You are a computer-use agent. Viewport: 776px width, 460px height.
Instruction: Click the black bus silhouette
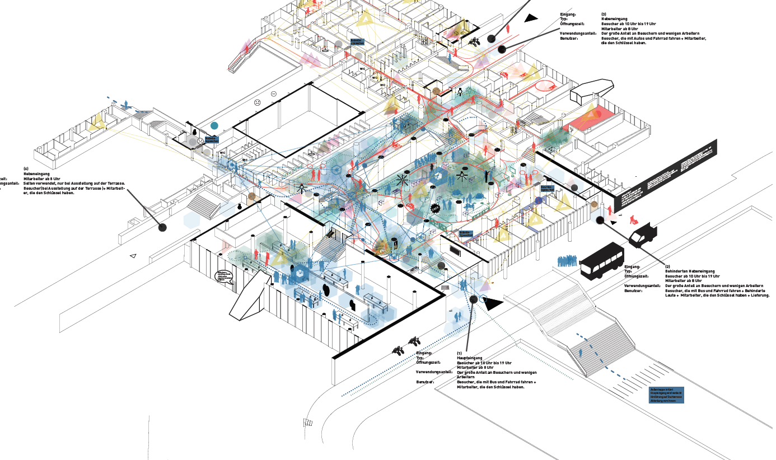pos(602,261)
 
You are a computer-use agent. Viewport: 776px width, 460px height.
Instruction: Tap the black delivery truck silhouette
pos(642,234)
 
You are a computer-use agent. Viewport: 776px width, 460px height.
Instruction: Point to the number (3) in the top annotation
pos(604,14)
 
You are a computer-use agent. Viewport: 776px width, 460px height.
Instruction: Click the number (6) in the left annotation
pos(26,169)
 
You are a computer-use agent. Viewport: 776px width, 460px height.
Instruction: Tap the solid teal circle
pos(214,126)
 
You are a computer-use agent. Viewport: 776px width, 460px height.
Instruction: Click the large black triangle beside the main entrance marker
pos(494,304)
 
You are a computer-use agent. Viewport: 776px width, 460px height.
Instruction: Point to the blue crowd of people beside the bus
pos(568,261)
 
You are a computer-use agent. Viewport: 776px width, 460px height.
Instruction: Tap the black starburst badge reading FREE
pos(435,208)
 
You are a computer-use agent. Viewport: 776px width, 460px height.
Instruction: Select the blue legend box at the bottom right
pos(666,395)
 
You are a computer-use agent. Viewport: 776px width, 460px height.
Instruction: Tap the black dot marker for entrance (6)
pos(162,227)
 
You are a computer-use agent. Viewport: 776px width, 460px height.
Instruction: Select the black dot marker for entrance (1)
pos(474,299)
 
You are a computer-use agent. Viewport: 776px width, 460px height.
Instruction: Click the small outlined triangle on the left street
pos(133,256)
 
